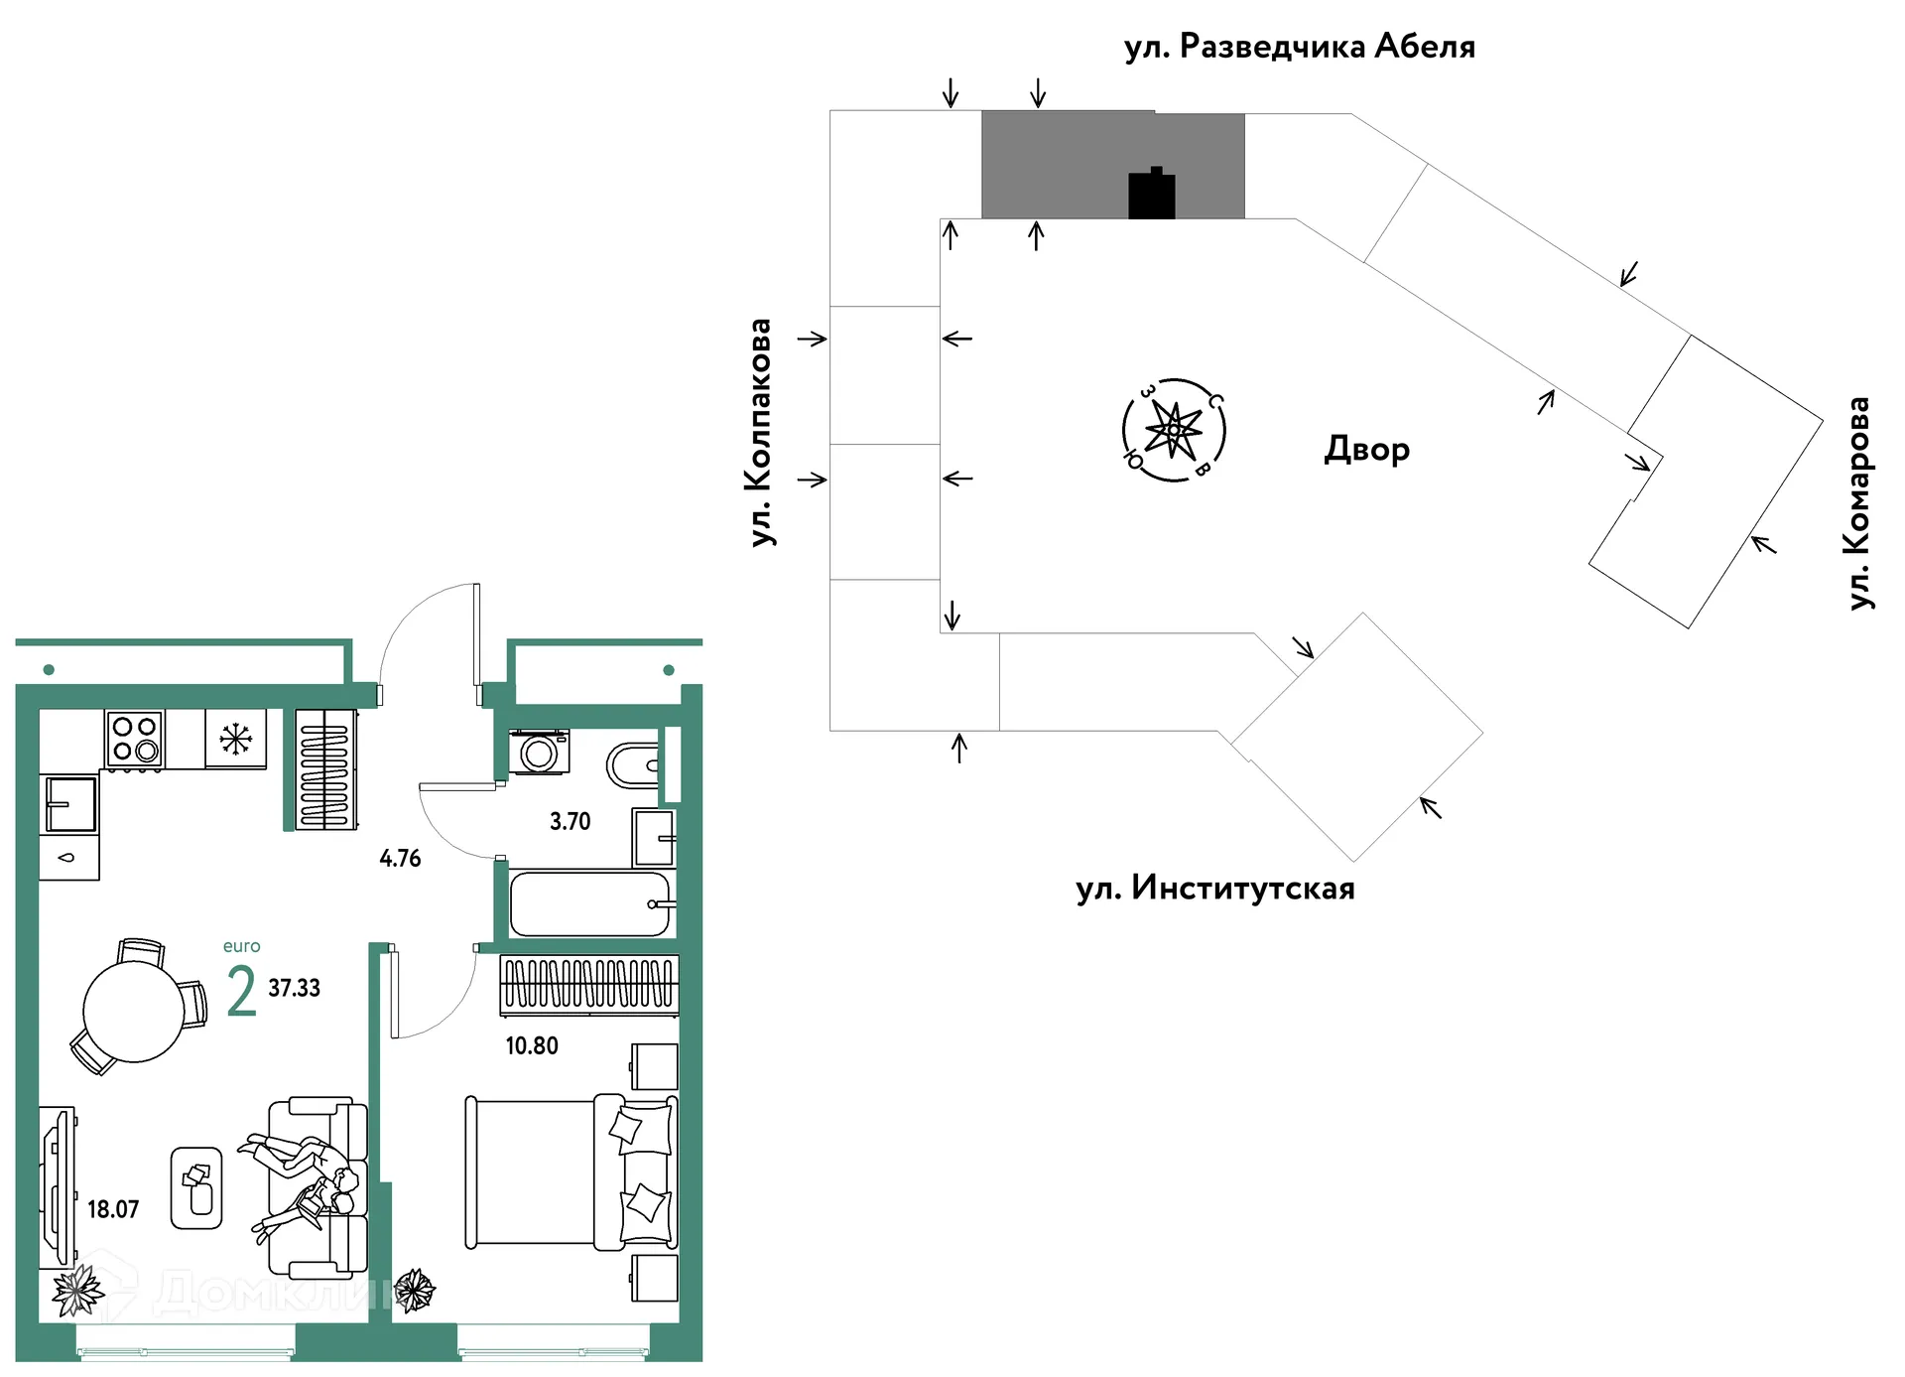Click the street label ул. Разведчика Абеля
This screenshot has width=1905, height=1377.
(1300, 47)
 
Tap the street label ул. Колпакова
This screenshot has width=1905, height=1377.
(761, 432)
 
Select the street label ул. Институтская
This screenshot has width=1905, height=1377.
(1215, 887)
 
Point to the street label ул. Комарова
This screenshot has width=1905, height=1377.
(1859, 503)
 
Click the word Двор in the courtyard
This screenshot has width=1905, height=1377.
(1367, 450)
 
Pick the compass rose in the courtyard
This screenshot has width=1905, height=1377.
(1174, 431)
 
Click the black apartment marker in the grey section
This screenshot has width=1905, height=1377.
(1152, 193)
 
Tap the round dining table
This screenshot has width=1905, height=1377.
(134, 1012)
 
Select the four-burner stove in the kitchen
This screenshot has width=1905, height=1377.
(135, 739)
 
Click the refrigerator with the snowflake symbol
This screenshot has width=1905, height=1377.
(236, 739)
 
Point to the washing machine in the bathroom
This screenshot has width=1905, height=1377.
(539, 753)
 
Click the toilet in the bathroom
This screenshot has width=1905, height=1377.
(632, 765)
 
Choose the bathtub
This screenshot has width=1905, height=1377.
(590, 903)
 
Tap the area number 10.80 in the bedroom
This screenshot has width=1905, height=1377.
(532, 1045)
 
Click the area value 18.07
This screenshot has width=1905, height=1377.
(113, 1209)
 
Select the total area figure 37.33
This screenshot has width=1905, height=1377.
(295, 988)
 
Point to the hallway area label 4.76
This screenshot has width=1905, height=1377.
(400, 858)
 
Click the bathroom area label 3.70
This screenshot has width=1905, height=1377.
(571, 821)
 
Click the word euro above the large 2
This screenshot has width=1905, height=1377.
(242, 946)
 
